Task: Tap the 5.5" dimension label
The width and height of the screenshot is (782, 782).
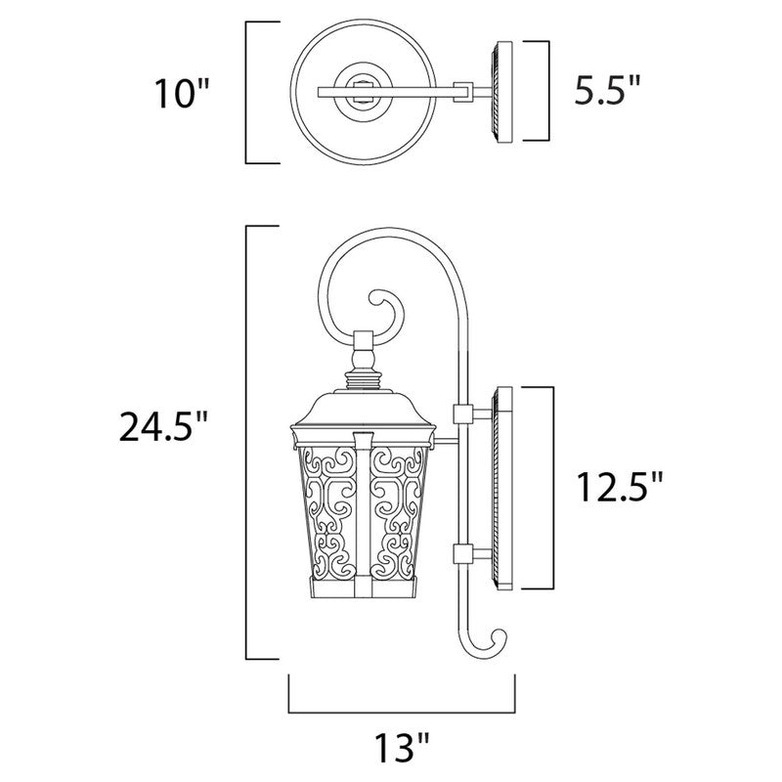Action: point(606,93)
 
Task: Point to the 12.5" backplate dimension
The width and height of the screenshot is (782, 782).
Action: point(617,486)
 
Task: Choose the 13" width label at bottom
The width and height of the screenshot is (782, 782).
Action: point(403,750)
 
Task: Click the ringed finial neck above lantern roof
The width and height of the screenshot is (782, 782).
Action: point(363,362)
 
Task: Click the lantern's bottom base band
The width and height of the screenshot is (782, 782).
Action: point(362,586)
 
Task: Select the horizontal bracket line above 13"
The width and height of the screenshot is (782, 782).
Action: point(403,711)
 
